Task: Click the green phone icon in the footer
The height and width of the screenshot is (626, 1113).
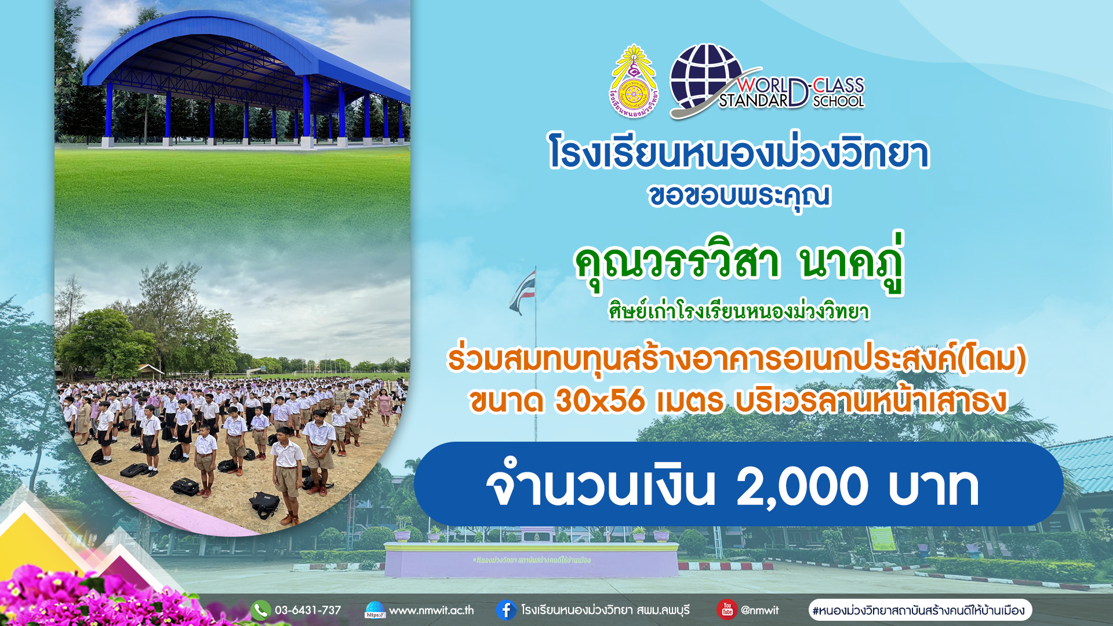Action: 261,610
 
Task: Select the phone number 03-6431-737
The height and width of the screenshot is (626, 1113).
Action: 308,610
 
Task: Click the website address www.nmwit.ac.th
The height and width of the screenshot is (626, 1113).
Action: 431,610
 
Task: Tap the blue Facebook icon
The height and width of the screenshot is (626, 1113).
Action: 506,610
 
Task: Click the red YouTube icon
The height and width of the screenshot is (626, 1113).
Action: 727,610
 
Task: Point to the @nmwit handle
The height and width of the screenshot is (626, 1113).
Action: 760,610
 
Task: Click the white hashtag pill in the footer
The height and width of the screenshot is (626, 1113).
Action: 920,610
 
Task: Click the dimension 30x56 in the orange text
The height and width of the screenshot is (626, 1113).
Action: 600,401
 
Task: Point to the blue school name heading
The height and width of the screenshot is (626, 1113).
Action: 739,152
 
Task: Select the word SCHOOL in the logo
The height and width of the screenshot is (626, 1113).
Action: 838,101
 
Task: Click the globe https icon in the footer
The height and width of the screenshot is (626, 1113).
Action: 375,610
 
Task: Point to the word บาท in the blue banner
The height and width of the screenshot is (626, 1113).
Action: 933,487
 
